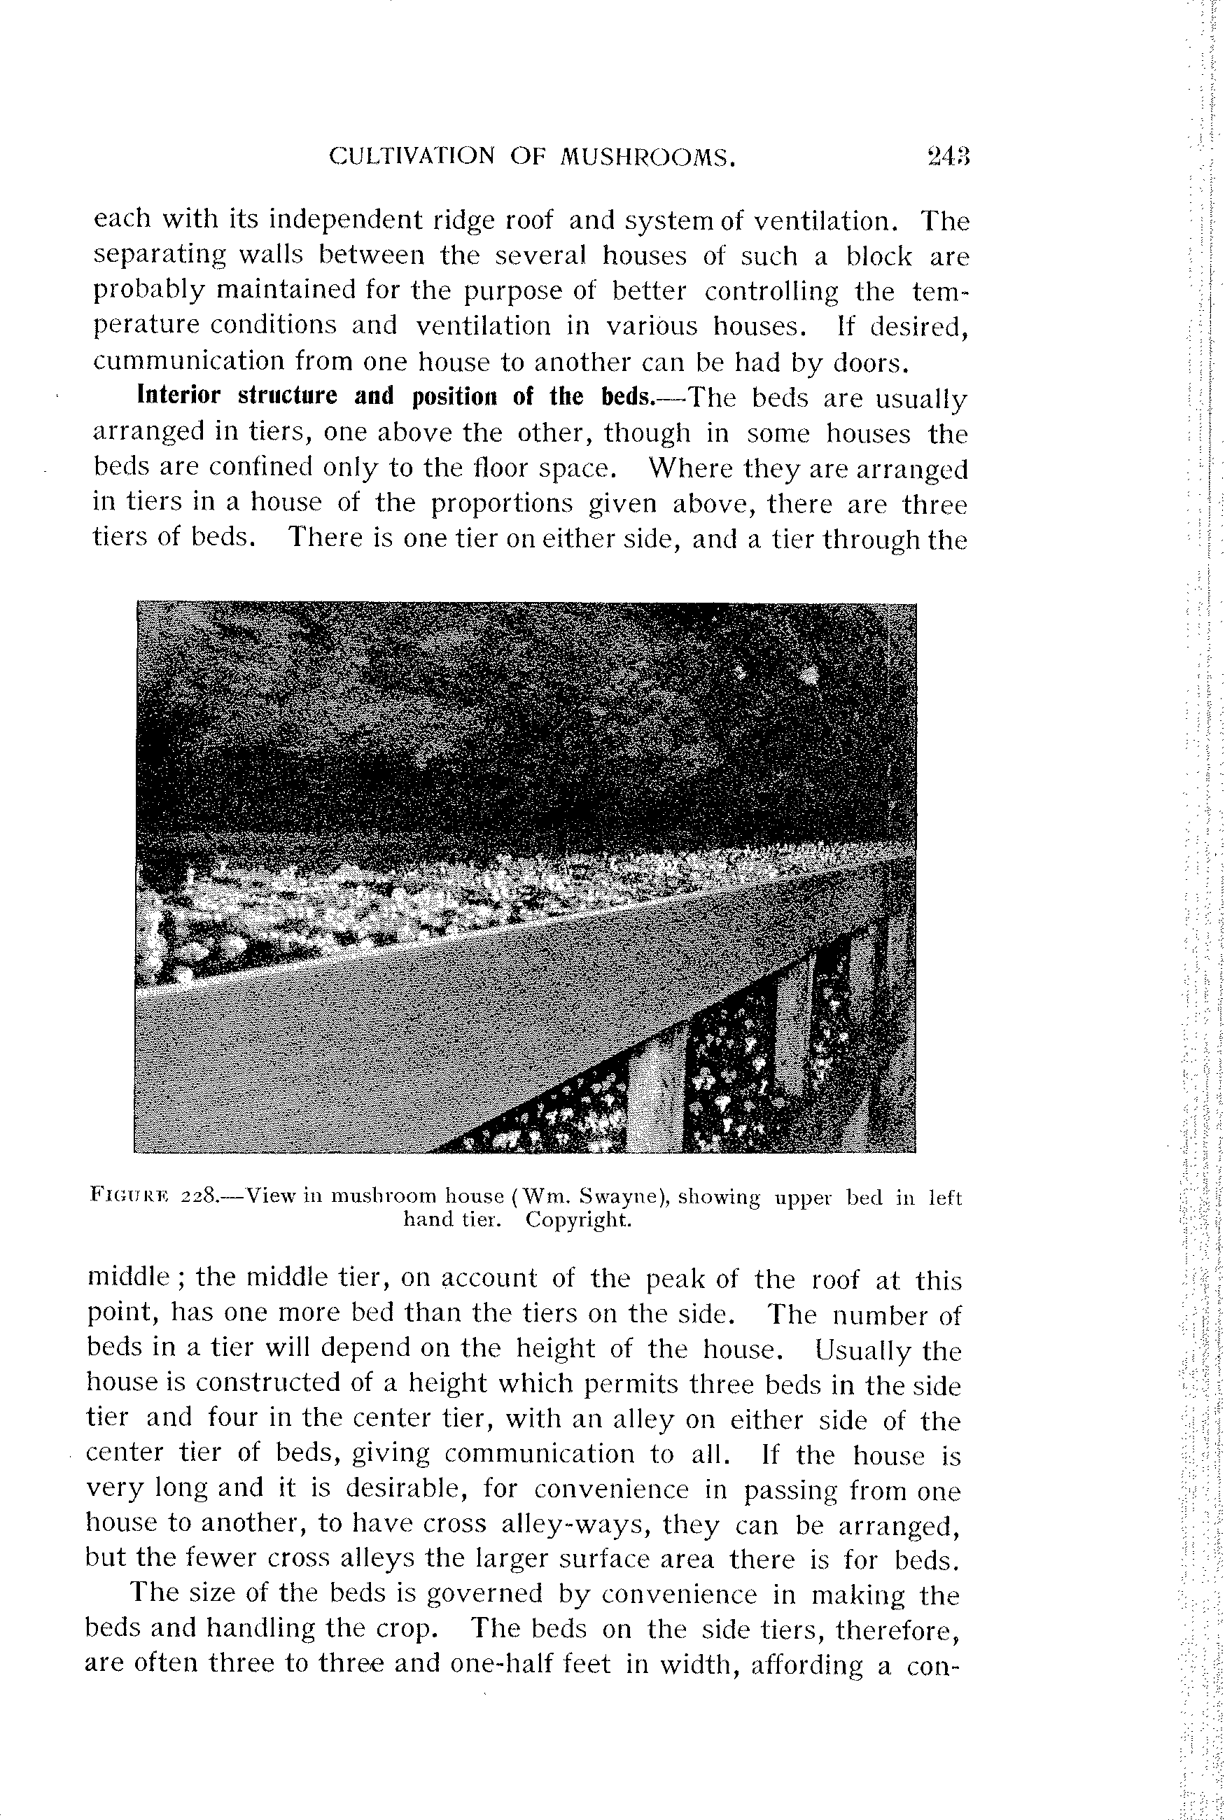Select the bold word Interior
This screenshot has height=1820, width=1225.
(x=179, y=395)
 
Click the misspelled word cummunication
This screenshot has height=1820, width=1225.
(x=185, y=361)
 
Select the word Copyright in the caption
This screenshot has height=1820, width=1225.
(x=578, y=1219)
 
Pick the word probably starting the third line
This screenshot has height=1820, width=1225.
(x=149, y=290)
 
